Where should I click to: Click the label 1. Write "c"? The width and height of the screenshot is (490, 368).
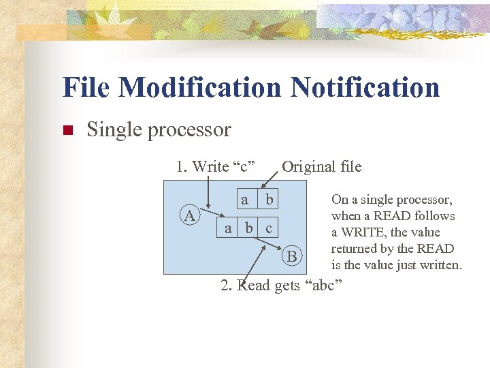[x=215, y=166]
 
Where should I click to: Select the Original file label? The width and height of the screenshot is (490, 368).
[x=322, y=166]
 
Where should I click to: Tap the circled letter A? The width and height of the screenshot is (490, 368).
[x=189, y=216]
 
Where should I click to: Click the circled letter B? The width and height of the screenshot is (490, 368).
[x=291, y=256]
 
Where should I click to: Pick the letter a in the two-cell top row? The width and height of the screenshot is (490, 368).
[x=244, y=200]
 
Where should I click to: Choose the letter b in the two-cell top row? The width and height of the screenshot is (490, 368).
[x=269, y=200]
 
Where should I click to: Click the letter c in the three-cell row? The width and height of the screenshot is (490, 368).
[x=269, y=228]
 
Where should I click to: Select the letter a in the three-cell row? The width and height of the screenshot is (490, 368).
[x=229, y=228]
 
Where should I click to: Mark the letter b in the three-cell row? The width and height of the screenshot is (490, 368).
[x=249, y=228]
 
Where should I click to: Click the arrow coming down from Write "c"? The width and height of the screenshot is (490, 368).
[x=209, y=204]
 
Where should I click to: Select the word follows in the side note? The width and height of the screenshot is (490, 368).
[x=434, y=216]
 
